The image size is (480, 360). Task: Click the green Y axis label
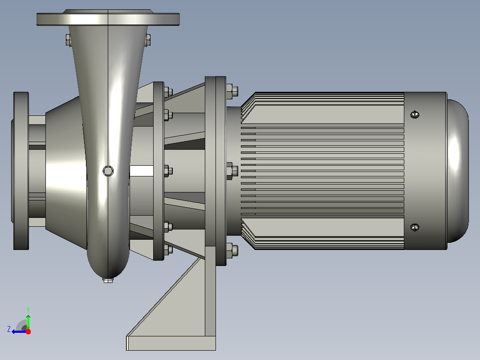[28, 310]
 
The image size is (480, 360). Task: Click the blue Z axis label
[9, 329]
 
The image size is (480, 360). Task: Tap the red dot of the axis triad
[28, 331]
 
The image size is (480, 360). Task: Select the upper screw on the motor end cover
[415, 115]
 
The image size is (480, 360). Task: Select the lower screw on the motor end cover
[415, 227]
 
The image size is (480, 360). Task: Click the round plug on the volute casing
[108, 171]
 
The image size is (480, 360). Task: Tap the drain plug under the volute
[108, 280]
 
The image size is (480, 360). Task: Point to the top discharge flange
[108, 18]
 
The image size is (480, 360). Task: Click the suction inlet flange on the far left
[21, 171]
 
